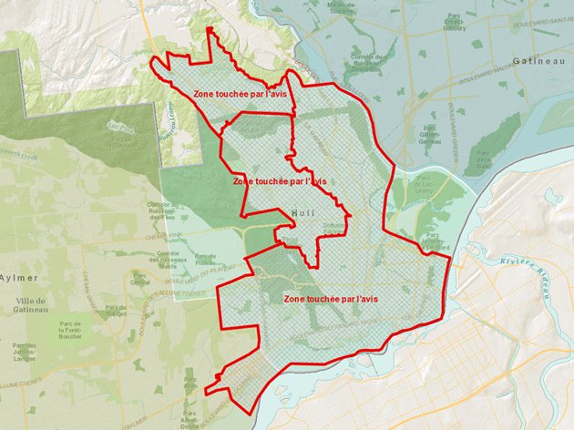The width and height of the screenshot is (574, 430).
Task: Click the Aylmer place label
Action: (20, 276)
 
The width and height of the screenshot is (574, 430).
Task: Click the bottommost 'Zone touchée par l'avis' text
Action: (331, 298)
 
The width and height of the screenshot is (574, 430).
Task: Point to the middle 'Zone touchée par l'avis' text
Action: (280, 180)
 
